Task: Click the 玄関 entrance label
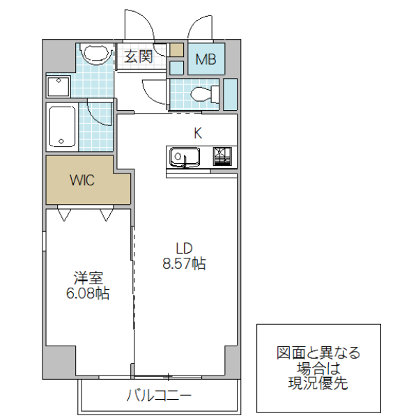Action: tap(139, 57)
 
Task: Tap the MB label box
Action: tap(206, 59)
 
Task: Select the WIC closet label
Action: tap(82, 180)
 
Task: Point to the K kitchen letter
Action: tap(198, 133)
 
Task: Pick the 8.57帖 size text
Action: tap(183, 264)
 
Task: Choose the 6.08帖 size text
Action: tap(87, 293)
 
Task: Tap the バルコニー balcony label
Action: tap(159, 396)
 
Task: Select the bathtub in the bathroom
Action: tap(62, 127)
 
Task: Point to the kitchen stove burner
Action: tap(223, 156)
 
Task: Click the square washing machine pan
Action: tap(59, 86)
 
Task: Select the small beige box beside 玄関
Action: tap(177, 50)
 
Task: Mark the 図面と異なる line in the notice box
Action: tap(318, 353)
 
